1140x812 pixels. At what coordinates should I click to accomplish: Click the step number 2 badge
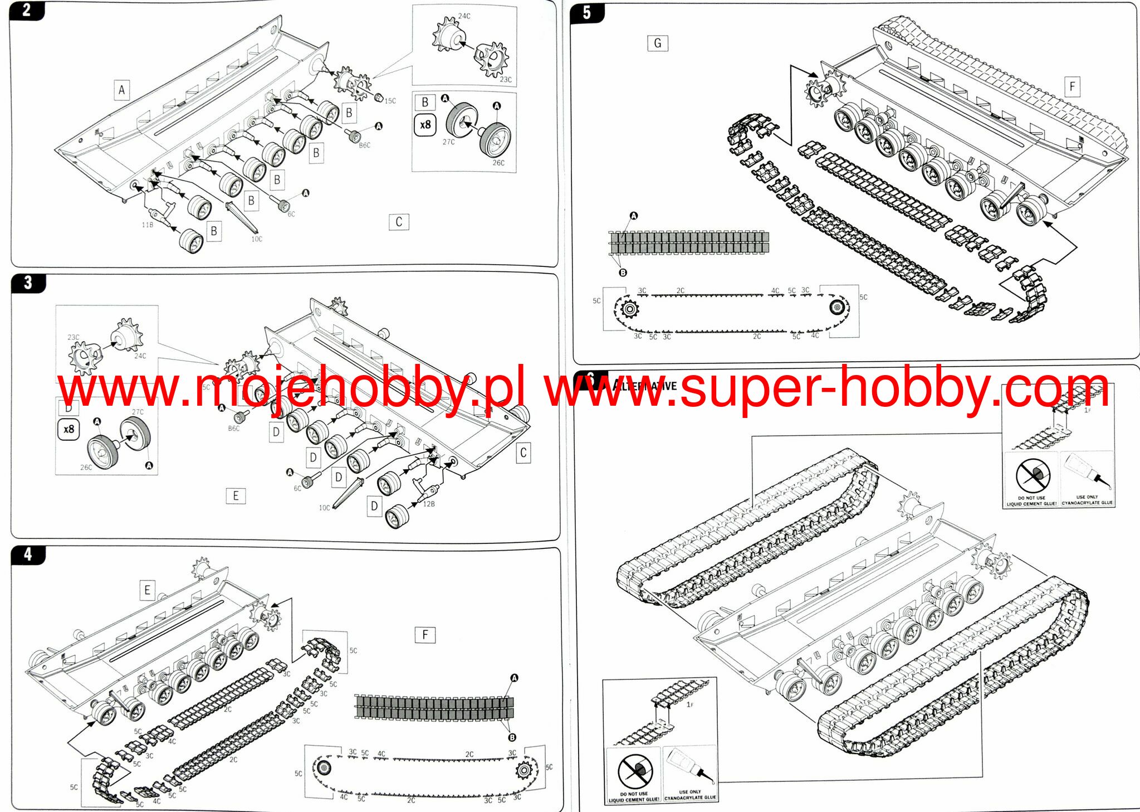(x=26, y=10)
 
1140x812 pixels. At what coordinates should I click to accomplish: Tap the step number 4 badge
(x=28, y=555)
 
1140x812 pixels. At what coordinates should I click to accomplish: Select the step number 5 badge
(x=587, y=12)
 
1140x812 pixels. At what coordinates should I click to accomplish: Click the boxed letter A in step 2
(x=122, y=90)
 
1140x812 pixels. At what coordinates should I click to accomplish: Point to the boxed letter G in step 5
(x=657, y=43)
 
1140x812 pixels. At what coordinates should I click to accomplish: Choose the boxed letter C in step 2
(x=399, y=222)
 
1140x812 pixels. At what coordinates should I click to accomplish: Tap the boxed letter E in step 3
(x=236, y=496)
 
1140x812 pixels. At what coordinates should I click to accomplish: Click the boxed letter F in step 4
(x=425, y=635)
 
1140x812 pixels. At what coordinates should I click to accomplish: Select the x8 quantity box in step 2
(x=425, y=125)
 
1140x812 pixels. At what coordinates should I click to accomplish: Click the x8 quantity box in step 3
(x=69, y=429)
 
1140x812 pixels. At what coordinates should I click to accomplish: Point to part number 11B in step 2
(x=147, y=225)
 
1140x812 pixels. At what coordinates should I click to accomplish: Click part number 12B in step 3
(x=429, y=504)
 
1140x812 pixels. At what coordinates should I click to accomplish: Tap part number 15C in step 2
(x=390, y=101)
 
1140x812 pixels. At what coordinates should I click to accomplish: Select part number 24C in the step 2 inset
(x=464, y=16)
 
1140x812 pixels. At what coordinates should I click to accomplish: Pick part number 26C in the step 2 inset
(x=498, y=163)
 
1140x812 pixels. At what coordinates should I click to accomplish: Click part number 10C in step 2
(x=256, y=239)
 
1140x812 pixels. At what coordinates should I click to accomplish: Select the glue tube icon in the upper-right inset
(x=1087, y=472)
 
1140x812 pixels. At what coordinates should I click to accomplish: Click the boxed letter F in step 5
(x=1072, y=86)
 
